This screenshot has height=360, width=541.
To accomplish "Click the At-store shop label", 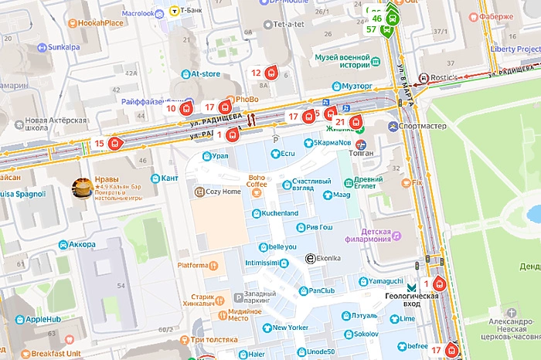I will point(206,74).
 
